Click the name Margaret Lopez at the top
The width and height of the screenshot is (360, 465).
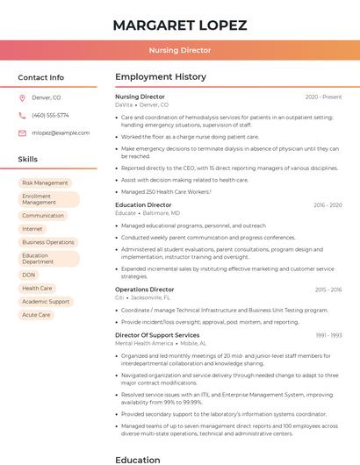click(179, 25)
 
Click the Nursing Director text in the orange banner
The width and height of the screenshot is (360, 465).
click(179, 50)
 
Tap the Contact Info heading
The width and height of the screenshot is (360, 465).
click(41, 77)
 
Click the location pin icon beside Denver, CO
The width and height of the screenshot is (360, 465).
click(22, 97)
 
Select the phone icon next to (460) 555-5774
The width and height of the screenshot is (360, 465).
click(22, 115)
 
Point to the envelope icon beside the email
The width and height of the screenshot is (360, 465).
click(22, 132)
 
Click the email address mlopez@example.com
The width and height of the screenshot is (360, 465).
click(61, 132)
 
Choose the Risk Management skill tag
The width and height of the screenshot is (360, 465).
click(45, 182)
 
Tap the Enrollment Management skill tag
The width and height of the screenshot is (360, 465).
click(49, 199)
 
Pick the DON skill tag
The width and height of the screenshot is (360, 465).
click(29, 275)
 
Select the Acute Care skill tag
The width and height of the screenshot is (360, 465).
click(36, 314)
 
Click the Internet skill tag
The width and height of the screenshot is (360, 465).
click(32, 228)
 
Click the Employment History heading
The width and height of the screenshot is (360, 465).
click(161, 77)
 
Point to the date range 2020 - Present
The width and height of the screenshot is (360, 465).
click(323, 97)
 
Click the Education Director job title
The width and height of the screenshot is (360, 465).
click(143, 204)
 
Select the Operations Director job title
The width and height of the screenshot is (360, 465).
click(144, 290)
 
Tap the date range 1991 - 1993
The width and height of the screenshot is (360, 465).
click(328, 335)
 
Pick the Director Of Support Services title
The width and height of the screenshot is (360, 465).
click(157, 335)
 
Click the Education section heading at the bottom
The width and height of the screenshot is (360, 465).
click(138, 459)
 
